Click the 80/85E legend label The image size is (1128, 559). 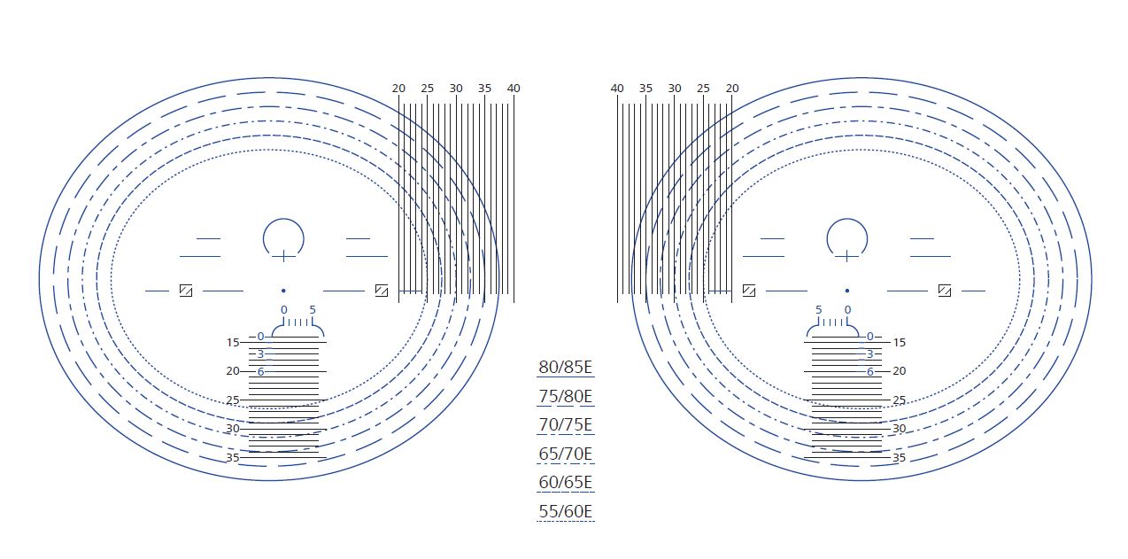coord(566,368)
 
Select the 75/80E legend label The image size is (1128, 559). coord(566,396)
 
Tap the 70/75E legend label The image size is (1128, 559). coord(566,425)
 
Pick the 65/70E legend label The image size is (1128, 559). coord(566,454)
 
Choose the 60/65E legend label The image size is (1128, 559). coord(566,483)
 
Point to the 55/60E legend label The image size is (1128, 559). coord(566,511)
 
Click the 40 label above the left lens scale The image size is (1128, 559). coord(514,89)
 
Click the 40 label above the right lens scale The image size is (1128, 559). coord(617,89)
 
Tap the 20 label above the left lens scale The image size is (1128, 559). coord(398,89)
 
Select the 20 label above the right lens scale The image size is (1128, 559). coord(732,89)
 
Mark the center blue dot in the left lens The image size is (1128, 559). coord(283,291)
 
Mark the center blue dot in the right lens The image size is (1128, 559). coord(847,291)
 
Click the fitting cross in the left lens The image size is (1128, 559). coord(283,256)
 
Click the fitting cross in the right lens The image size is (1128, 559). coord(847,256)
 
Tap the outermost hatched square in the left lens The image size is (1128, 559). coord(186,291)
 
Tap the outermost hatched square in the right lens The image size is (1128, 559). coord(945,291)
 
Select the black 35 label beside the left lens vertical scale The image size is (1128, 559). coord(233,458)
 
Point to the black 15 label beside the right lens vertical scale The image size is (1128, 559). coord(899,342)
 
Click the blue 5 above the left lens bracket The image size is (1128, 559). coord(313,310)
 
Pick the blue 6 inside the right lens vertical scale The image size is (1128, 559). coord(870,372)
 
